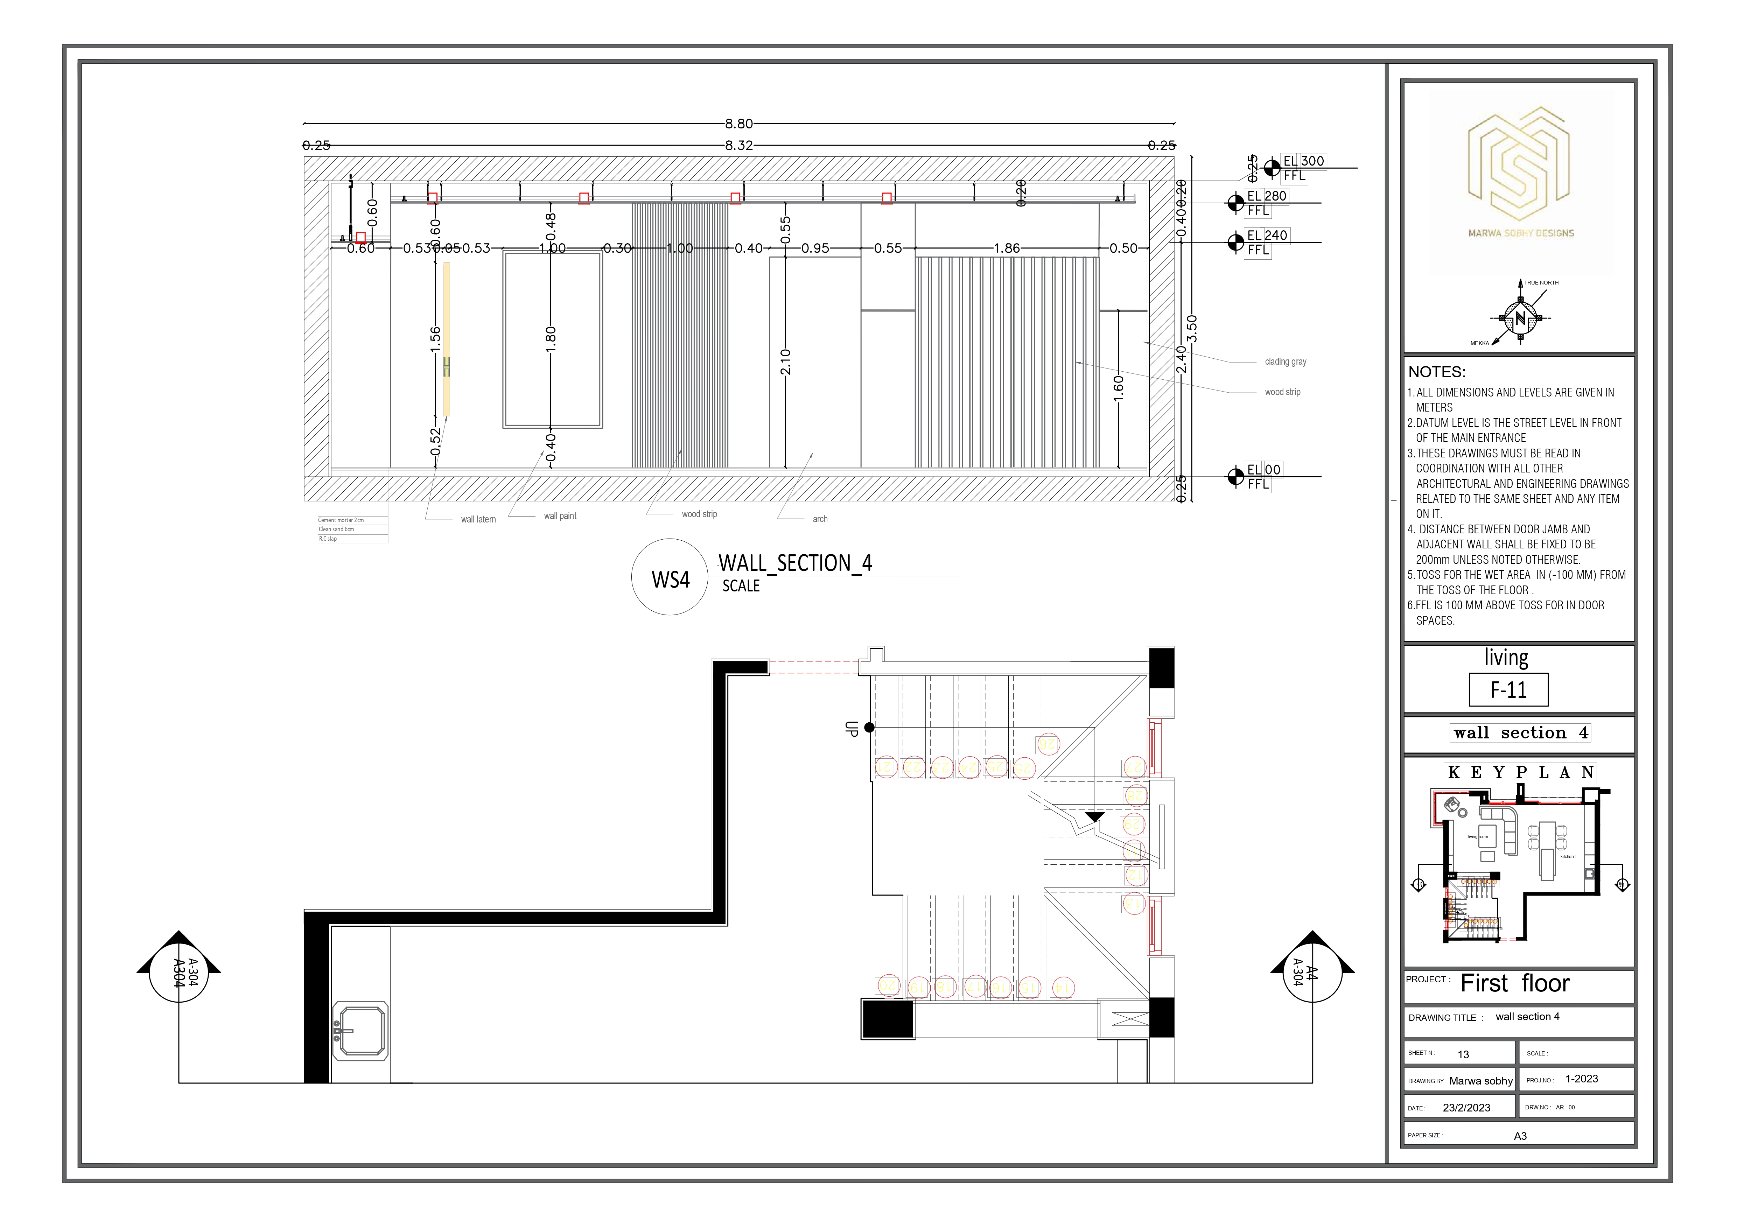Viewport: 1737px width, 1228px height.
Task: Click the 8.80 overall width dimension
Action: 738,123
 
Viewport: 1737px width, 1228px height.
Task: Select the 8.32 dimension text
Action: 738,145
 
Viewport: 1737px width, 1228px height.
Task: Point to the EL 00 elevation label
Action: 1263,470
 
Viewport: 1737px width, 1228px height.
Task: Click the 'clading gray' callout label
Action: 1286,362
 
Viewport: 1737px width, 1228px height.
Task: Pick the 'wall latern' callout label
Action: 478,519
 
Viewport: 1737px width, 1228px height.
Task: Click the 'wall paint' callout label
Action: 560,516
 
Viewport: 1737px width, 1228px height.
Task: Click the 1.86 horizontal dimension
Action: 1006,248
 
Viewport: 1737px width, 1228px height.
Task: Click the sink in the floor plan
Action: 361,1031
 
